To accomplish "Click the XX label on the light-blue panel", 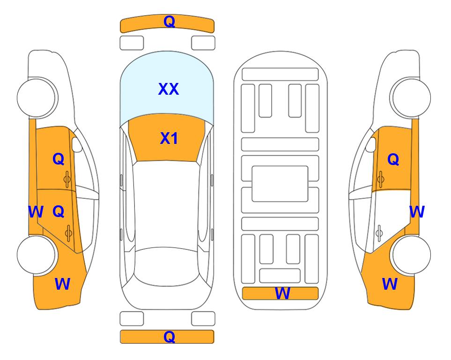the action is pyautogui.click(x=169, y=89).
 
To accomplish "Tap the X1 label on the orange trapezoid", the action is pyautogui.click(x=169, y=138).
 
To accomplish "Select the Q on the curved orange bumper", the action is pyautogui.click(x=169, y=22).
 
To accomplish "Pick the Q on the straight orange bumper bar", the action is pyautogui.click(x=169, y=337).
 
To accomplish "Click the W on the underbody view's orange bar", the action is pyautogui.click(x=282, y=293).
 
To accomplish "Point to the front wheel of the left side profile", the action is pyautogui.click(x=37, y=98).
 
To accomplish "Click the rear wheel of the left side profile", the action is pyautogui.click(x=37, y=255).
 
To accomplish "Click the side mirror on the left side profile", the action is pyautogui.click(x=76, y=144).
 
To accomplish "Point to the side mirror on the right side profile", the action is pyautogui.click(x=371, y=144).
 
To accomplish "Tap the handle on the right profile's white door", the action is pyautogui.click(x=379, y=233).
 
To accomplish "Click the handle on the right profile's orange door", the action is pyautogui.click(x=380, y=179).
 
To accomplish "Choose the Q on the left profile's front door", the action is pyautogui.click(x=59, y=159).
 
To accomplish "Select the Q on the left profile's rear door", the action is pyautogui.click(x=59, y=212).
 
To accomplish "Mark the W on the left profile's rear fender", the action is pyautogui.click(x=62, y=284).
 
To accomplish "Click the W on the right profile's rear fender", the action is pyautogui.click(x=390, y=284).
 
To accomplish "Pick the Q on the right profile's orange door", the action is pyautogui.click(x=393, y=159).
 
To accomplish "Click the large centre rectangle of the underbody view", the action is pyautogui.click(x=280, y=184).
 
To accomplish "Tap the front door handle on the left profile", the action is pyautogui.click(x=67, y=179).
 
